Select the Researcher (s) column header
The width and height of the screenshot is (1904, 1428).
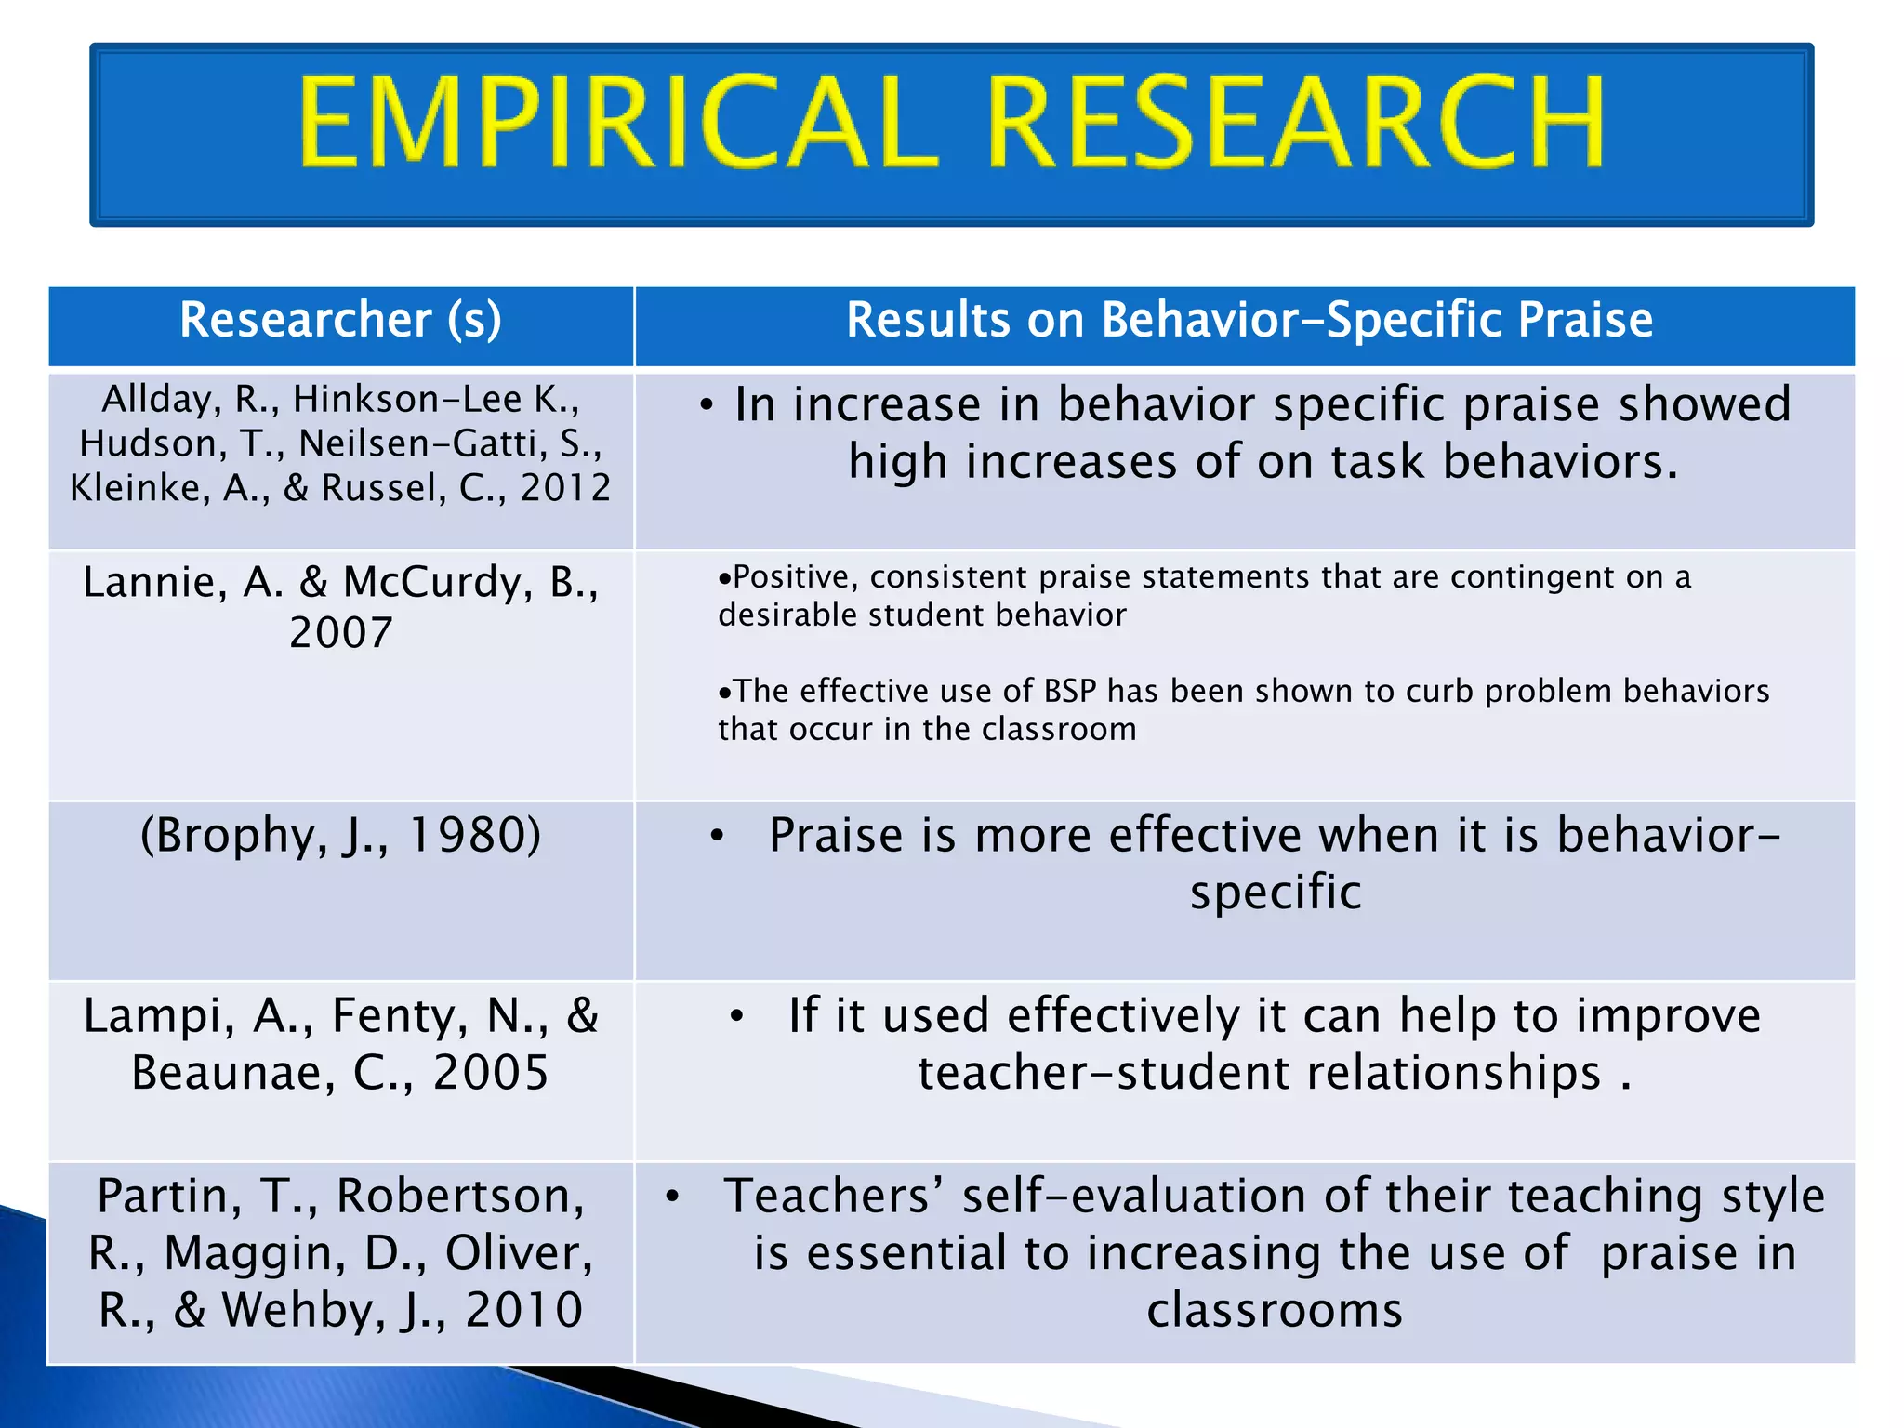[340, 320]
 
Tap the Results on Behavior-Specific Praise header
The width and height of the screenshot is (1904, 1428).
[1249, 320]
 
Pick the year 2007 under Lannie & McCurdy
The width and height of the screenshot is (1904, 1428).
[341, 633]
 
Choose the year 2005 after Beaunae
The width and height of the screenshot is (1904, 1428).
[491, 1073]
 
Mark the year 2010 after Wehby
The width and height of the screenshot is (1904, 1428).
[523, 1311]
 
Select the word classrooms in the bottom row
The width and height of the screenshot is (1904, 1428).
[1274, 1311]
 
